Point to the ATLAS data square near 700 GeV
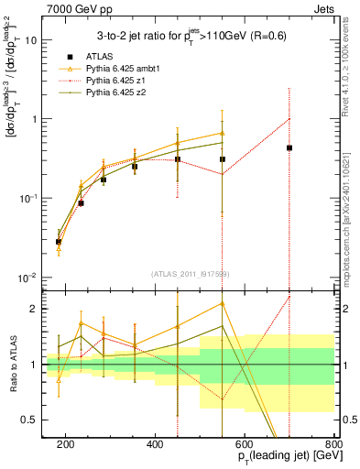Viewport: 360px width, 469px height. (289, 147)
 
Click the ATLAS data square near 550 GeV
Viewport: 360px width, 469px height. (223, 159)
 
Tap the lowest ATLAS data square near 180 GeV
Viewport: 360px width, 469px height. (59, 242)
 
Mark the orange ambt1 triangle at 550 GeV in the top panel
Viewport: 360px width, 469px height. (223, 133)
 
